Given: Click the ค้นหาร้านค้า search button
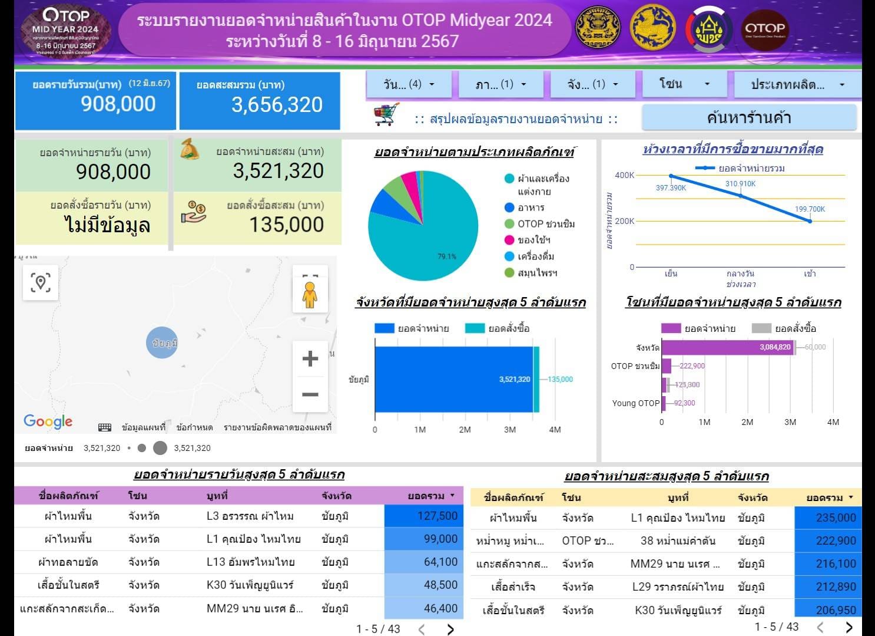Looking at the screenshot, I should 748,118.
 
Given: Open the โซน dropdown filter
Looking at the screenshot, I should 683,84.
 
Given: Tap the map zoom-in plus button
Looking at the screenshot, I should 310,358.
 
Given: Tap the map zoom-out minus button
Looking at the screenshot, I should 310,394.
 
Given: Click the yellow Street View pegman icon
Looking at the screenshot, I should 310,295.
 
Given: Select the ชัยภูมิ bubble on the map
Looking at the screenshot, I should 162,342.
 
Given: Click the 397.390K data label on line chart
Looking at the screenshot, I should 671,188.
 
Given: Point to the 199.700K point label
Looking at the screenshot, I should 810,209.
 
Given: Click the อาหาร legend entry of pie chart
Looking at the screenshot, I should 530,207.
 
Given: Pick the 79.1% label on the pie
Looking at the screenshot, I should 447,256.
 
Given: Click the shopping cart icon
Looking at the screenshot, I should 386,114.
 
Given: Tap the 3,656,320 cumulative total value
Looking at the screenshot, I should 277,105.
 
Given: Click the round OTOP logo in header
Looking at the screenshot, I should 764,28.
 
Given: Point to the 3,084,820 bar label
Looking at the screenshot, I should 775,347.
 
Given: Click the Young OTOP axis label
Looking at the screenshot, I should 635,403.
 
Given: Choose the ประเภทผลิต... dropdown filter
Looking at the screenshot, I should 795,84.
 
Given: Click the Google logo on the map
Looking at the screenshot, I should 48,421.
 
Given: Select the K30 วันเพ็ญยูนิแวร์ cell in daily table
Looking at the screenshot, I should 250,585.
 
